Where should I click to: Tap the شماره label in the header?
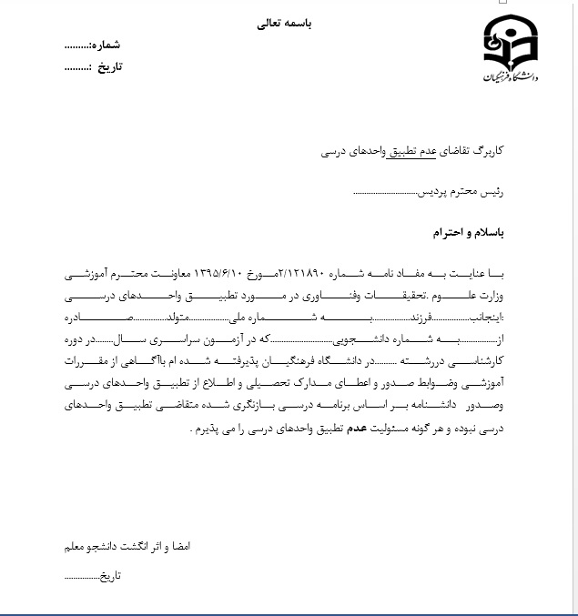(x=106, y=45)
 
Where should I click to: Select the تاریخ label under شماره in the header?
(x=108, y=66)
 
